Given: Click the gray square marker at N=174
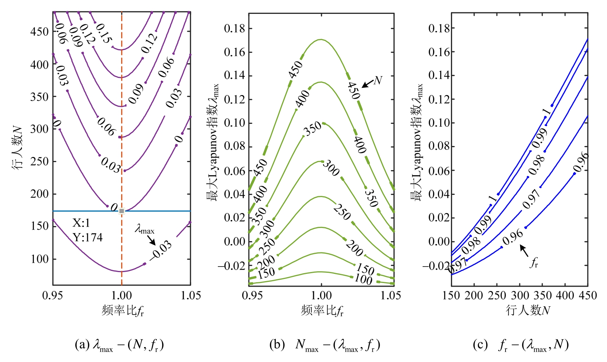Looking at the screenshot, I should coord(121,211).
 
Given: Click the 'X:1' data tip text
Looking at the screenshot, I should coord(81,223).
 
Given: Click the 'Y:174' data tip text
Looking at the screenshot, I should coord(88,237).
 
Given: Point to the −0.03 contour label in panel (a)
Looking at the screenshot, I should coord(161,250).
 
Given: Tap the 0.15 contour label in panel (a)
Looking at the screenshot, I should coord(104,34).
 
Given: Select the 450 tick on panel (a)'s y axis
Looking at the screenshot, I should coord(40,32).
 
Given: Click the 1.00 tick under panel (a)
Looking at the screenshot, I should coord(121,295).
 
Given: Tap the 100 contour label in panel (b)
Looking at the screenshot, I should coord(363,279).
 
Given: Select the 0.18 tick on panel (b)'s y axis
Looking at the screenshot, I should coord(235,28).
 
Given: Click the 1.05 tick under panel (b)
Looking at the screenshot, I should coord(391,295).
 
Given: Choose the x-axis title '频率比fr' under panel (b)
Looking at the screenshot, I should coord(322,311).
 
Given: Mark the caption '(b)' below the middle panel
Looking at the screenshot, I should coord(277,345).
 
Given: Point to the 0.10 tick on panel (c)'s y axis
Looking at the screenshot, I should coord(439,123).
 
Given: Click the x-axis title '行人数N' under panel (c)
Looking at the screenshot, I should coord(528,311).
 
